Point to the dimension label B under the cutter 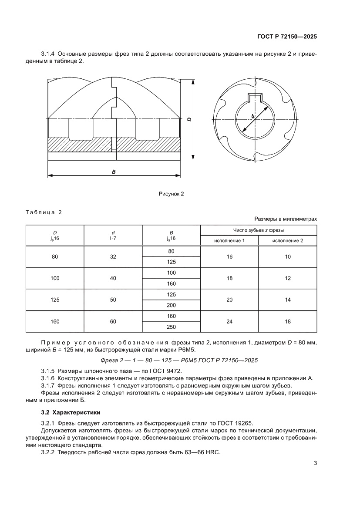click(x=114, y=172)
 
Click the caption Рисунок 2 click(x=171, y=194)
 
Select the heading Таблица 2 click(x=44, y=212)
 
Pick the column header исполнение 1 click(x=229, y=240)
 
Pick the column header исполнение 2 click(x=287, y=240)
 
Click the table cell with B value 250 click(x=171, y=327)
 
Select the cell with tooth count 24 click(x=229, y=321)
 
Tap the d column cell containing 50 click(x=113, y=300)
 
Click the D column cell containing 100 click(x=55, y=278)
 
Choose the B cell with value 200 click(x=171, y=305)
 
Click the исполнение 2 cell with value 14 click(x=287, y=300)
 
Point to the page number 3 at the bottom click(x=315, y=463)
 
